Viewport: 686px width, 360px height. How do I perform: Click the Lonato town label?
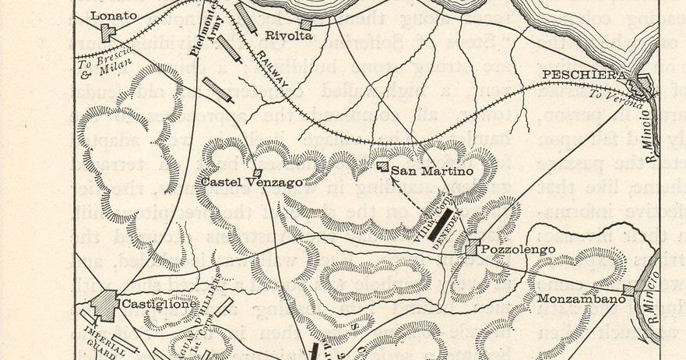click(112, 14)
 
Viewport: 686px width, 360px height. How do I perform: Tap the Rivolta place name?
click(288, 35)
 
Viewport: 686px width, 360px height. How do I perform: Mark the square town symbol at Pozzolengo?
click(473, 248)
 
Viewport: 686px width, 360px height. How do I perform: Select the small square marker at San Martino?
click(382, 166)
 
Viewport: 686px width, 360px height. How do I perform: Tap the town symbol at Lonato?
click(107, 33)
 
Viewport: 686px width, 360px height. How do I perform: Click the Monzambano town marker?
click(629, 290)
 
